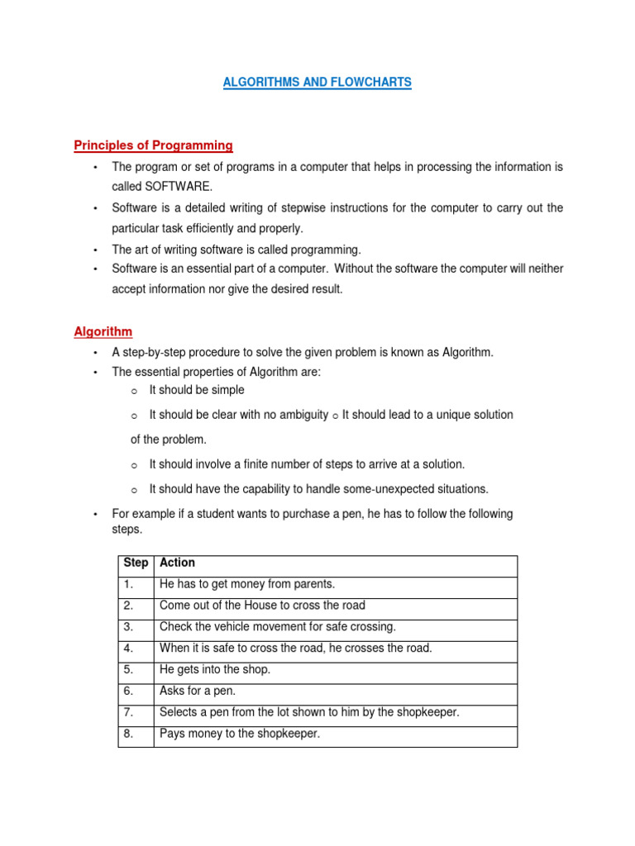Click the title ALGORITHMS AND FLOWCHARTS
[317, 83]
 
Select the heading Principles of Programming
[153, 145]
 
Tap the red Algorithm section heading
[103, 331]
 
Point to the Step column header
[136, 563]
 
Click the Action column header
[177, 563]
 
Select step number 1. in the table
[128, 584]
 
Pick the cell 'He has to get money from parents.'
[246, 584]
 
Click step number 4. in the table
[128, 648]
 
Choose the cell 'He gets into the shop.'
[215, 669]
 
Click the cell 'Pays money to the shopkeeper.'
[239, 734]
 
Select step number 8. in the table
[128, 734]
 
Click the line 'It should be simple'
[197, 390]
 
